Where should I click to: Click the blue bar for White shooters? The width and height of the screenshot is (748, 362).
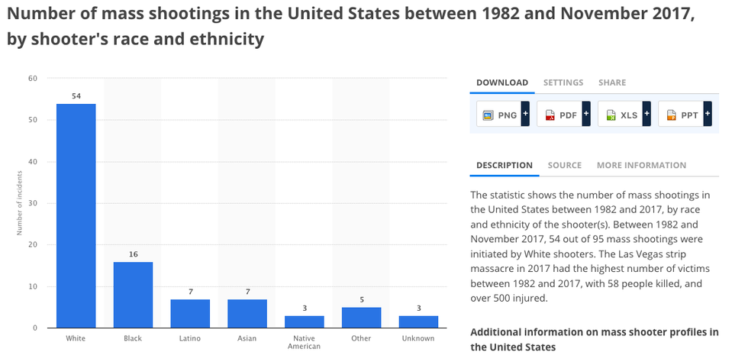coord(76,215)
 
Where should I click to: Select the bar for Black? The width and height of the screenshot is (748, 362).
coord(133,295)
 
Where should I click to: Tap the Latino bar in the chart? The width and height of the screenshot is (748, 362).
coord(189,313)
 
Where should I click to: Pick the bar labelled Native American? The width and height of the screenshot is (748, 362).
coord(304,322)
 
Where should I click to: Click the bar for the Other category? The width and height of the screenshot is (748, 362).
coord(360,318)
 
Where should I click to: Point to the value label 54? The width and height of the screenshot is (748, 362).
coord(76,95)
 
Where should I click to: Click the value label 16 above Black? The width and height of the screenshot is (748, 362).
coord(133,254)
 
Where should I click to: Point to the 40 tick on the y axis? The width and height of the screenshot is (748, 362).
coord(33,161)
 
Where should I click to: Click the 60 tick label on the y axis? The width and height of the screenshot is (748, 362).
coord(33,78)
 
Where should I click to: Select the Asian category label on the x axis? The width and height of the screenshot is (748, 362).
coord(247,338)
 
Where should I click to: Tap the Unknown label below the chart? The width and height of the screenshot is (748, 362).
coord(418,338)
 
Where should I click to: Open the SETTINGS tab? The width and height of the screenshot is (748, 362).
coord(563,82)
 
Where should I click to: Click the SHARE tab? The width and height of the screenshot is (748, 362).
coord(612,82)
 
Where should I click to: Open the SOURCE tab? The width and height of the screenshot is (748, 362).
coord(565,165)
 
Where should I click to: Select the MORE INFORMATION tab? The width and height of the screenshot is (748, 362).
coord(641,165)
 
